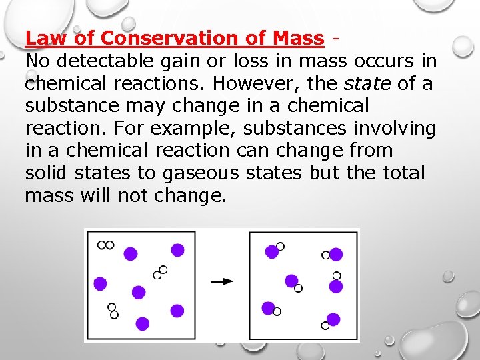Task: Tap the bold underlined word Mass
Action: point(298,38)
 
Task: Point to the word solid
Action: point(47,173)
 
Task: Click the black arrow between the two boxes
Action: point(222,281)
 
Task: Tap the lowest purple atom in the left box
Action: point(142,323)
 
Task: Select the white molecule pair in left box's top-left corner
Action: point(105,245)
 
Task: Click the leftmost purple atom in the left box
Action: point(100,283)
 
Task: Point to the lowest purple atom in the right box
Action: point(333,319)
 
